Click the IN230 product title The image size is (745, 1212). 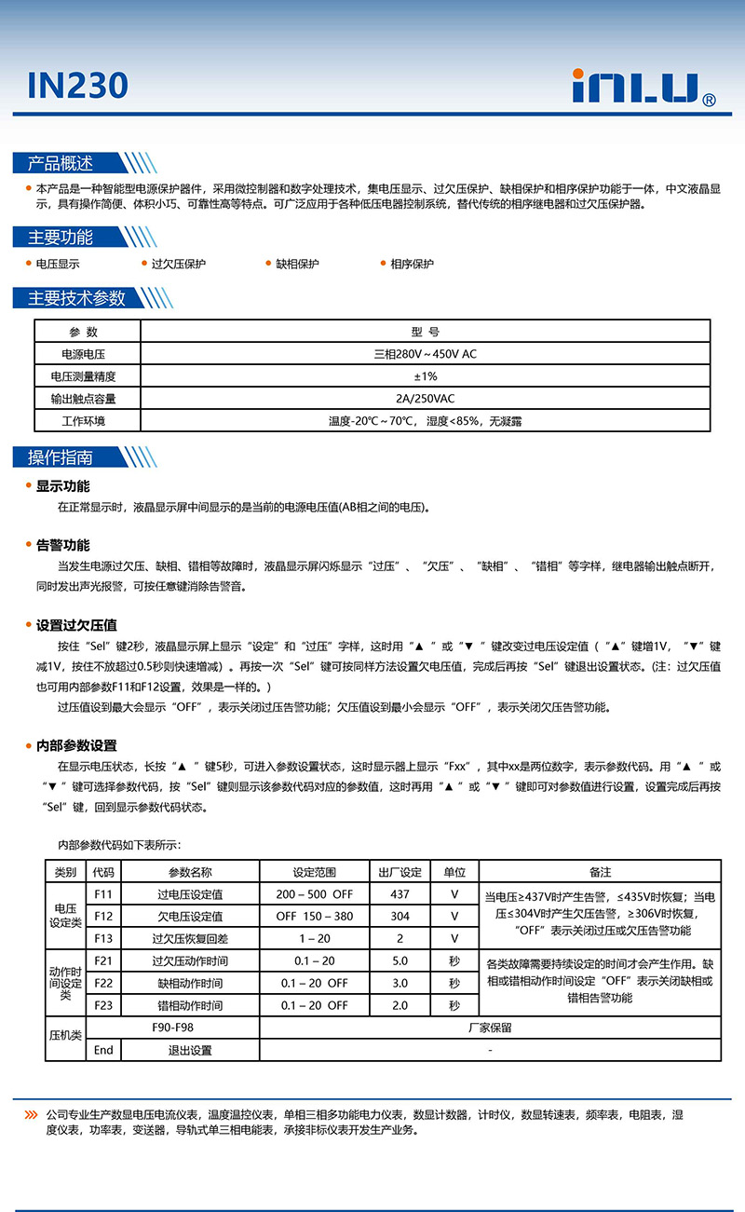tap(77, 86)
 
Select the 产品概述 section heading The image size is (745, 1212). tap(61, 164)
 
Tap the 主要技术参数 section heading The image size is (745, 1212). tap(76, 298)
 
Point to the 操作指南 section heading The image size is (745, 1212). tap(61, 457)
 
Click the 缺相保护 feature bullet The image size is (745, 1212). tap(297, 264)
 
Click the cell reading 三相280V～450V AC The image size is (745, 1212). tap(425, 354)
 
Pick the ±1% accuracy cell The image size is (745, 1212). tap(425, 376)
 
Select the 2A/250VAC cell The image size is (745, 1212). tap(425, 399)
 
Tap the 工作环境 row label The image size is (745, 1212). tap(84, 421)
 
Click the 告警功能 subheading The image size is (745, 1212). tap(63, 545)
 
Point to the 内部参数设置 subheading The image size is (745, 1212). tap(76, 745)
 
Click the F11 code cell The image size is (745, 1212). tap(103, 894)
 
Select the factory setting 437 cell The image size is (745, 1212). tap(400, 894)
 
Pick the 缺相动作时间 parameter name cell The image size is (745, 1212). tap(190, 983)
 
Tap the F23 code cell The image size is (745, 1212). tap(103, 1005)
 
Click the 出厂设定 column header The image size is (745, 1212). tap(400, 872)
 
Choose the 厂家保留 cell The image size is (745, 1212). tap(490, 1028)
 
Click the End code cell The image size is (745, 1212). tap(103, 1050)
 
